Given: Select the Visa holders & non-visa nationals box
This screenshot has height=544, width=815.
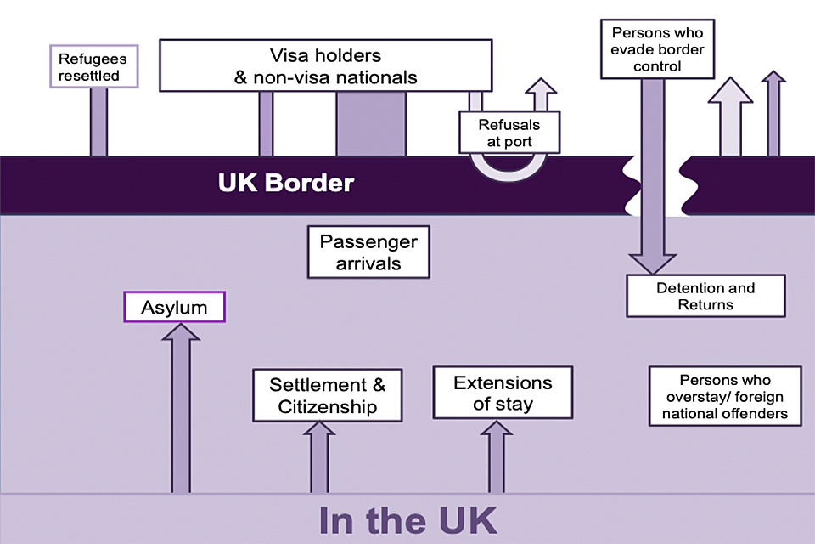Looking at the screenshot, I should (x=325, y=65).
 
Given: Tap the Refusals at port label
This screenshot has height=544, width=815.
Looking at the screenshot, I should (x=509, y=133).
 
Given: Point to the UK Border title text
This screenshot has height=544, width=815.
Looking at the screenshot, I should (x=285, y=183).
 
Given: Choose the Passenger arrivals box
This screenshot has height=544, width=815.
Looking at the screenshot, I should (x=368, y=252).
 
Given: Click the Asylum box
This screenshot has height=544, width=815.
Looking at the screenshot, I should (x=174, y=307).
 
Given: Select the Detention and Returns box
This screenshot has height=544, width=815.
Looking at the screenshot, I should (x=705, y=296).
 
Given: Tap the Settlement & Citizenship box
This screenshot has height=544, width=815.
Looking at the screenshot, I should (x=327, y=395).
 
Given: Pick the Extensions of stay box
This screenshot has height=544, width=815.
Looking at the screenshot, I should (x=503, y=393).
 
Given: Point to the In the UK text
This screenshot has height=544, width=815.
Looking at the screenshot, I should (x=407, y=519).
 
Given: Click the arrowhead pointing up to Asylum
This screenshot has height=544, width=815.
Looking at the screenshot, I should (x=181, y=332).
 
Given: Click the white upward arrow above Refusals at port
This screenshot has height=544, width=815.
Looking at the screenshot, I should (x=537, y=93).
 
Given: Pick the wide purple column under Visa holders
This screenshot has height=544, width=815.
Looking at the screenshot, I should (x=371, y=124).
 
